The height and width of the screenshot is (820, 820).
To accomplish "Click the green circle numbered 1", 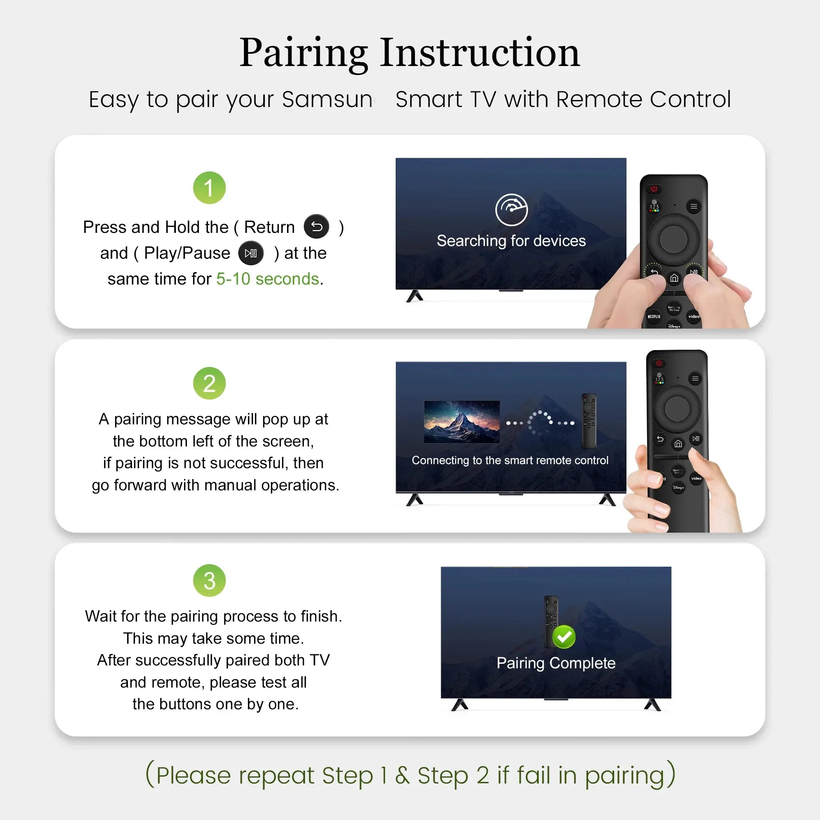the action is [x=209, y=188].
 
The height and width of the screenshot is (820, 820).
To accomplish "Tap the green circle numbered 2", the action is [x=209, y=383].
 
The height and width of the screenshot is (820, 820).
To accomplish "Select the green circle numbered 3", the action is [x=209, y=581].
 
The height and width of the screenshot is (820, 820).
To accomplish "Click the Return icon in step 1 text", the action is [x=317, y=227].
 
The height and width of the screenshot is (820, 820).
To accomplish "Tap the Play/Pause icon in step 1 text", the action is [x=251, y=253].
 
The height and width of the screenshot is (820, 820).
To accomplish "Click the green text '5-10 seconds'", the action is [x=267, y=279].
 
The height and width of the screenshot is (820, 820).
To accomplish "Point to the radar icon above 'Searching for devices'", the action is [x=511, y=210].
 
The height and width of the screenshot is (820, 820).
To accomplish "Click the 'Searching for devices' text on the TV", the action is [x=511, y=241].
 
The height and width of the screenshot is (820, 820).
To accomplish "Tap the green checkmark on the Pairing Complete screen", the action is [x=564, y=637].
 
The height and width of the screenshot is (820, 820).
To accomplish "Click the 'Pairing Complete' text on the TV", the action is [x=556, y=663].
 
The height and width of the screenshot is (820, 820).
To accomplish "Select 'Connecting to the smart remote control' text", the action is [x=510, y=460].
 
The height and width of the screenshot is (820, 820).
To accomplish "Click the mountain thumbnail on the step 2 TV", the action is [x=462, y=422].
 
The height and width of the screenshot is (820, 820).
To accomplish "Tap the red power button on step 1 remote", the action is [x=654, y=189].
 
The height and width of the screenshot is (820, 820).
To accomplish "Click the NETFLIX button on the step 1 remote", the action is [x=654, y=317].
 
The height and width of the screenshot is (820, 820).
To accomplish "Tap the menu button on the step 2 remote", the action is [x=695, y=378].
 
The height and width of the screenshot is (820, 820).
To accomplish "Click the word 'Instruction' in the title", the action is [x=480, y=52].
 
